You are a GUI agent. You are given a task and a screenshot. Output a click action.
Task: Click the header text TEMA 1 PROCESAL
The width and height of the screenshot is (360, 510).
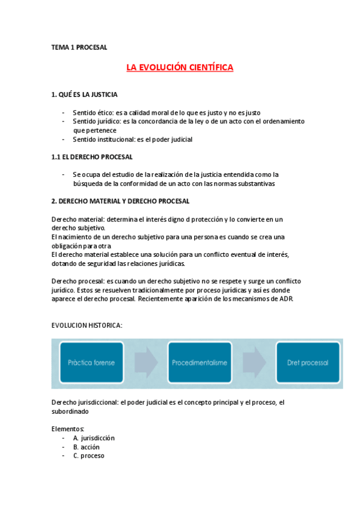point(79,47)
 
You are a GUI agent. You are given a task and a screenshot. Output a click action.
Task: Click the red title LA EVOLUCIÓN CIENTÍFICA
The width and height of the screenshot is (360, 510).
point(180,68)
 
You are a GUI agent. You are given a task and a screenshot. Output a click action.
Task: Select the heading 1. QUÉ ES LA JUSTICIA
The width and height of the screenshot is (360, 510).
point(85,95)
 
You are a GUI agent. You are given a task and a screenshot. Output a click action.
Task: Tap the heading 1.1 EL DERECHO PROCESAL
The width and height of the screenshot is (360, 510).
point(92,157)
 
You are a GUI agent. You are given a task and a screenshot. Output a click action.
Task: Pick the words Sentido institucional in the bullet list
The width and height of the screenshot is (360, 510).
point(101,140)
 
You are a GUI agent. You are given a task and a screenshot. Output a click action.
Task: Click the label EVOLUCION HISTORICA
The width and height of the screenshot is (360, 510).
point(88,325)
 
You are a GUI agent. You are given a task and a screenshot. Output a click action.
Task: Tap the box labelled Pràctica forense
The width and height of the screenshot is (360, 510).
point(91,363)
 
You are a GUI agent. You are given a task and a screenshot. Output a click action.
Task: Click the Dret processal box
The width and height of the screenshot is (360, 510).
point(308,363)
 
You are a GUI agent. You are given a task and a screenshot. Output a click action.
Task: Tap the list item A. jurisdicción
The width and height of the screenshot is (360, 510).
point(94,438)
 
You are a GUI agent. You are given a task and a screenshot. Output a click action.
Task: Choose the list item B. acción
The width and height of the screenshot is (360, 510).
point(87,447)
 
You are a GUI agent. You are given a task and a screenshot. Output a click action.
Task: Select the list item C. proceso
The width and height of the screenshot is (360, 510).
point(88,456)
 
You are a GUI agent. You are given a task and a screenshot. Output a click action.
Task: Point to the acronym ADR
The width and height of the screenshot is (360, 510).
point(285,299)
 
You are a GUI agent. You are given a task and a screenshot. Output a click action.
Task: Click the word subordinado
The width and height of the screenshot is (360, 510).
point(70,412)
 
